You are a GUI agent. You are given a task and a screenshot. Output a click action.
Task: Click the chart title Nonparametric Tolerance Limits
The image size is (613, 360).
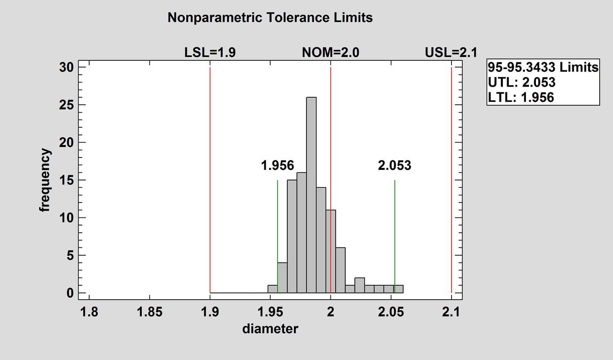270,18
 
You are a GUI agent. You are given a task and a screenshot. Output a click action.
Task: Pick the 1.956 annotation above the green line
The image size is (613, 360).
277,166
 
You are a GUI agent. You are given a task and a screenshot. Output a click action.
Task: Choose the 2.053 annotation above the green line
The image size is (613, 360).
395,166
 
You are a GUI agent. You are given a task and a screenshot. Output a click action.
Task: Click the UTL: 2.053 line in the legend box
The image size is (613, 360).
522,82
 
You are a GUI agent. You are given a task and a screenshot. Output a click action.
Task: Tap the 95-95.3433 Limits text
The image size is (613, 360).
543,67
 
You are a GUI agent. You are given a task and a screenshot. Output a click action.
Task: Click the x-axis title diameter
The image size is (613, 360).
270,329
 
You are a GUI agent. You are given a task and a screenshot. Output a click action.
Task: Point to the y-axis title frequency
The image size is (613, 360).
45,180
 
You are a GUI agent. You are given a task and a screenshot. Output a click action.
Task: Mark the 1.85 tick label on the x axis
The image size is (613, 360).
149,313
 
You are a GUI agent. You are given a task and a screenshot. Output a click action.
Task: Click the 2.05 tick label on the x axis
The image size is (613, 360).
391,313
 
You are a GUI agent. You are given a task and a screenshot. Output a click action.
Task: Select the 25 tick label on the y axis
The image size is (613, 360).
67,105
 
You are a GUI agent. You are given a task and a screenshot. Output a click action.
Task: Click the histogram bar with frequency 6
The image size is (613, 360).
340,270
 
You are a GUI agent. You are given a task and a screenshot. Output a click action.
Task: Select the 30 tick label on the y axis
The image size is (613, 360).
67,67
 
